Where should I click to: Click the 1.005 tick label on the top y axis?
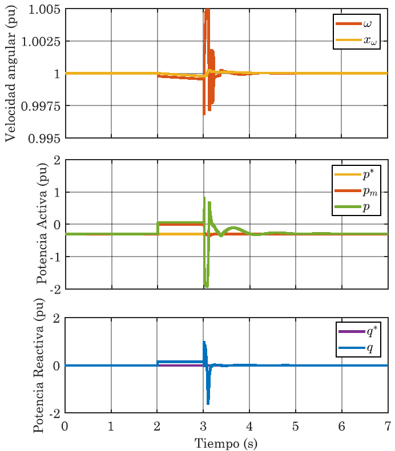click(x=43, y=10)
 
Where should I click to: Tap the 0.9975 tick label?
click(x=41, y=105)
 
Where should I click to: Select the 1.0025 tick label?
click(x=41, y=42)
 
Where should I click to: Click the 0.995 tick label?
click(x=43, y=137)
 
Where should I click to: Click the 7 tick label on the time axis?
click(x=388, y=426)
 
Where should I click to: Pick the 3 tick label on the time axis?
click(x=203, y=426)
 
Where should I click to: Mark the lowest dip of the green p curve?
click(x=207, y=286)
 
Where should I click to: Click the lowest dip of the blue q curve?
click(x=208, y=403)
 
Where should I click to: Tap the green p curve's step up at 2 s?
click(x=158, y=227)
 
